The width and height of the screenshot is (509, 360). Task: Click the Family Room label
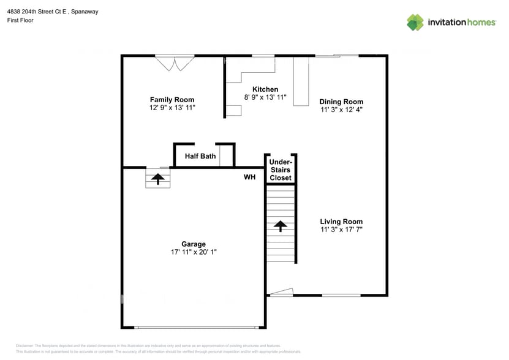tap(172, 100)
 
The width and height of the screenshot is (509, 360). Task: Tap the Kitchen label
tap(261, 89)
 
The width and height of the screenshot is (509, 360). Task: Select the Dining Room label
tap(341, 102)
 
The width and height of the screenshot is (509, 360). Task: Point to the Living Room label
tap(341, 222)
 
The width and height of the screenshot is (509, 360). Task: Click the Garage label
tap(193, 244)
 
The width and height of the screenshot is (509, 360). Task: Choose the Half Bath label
tap(200, 156)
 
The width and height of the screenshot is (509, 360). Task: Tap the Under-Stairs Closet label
tap(281, 170)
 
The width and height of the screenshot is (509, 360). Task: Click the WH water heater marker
tap(249, 177)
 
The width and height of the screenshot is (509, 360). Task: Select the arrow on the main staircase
tap(281, 227)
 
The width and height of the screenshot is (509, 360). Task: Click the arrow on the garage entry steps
tap(158, 179)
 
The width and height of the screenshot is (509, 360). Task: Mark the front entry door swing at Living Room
tap(281, 293)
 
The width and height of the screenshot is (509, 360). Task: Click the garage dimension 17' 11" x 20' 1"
tap(193, 252)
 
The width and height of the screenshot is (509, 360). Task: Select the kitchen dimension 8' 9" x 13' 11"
tap(261, 97)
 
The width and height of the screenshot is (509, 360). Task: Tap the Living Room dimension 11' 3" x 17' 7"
tap(341, 230)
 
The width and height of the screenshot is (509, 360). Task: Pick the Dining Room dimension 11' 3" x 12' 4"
tap(341, 110)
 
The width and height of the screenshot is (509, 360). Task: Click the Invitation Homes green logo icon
tap(415, 22)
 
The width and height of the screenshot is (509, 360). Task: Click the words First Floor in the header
tap(20, 20)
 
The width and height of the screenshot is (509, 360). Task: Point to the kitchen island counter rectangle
tap(301, 81)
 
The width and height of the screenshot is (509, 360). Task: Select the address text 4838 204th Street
tap(36, 12)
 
